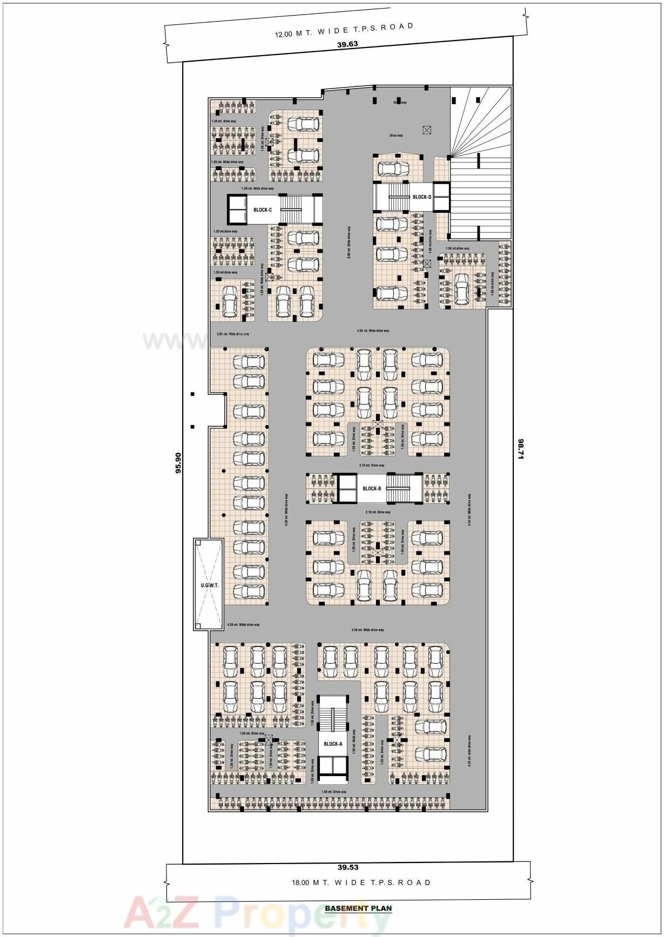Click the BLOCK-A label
point(333,744)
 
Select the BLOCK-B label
point(372,489)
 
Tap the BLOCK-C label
point(263,210)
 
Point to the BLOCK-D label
point(422,197)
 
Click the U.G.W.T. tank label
point(209,585)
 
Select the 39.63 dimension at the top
point(347,44)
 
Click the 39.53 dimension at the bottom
point(348,867)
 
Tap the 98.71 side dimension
point(521,449)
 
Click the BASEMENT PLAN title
point(358,908)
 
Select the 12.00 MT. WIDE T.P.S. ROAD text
point(344,30)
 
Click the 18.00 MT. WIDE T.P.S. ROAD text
point(361,882)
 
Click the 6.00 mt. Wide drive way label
point(350,242)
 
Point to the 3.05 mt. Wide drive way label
point(233,334)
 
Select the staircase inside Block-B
point(404,488)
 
